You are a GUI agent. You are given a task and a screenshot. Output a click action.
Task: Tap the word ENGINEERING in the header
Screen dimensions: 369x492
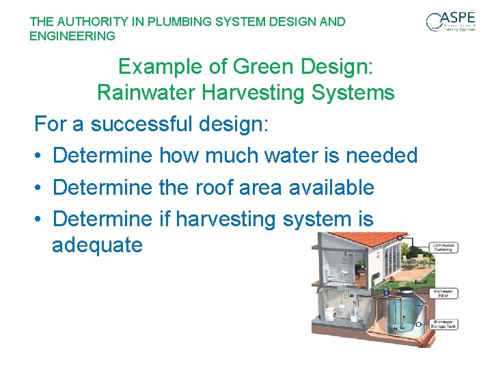coord(72,36)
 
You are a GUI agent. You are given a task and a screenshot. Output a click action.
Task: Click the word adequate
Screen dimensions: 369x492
coord(97,245)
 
